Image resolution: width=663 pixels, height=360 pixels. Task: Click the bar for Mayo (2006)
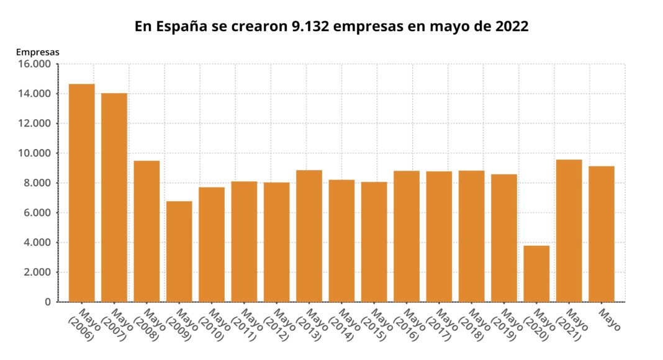coord(81,192)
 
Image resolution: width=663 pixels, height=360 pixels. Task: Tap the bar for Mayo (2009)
coord(179,251)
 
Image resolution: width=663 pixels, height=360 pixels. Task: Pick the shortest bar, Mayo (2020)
coord(536,274)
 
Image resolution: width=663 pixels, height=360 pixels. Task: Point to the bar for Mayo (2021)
coord(569,230)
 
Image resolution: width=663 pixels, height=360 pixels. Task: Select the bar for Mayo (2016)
coord(406,236)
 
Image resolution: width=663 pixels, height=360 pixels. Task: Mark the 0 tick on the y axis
coord(47,302)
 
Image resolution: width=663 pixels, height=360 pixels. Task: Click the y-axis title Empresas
coord(37,52)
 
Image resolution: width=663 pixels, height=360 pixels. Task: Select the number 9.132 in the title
coord(311,27)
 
